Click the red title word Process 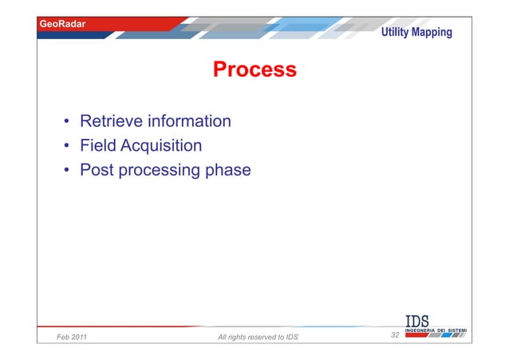[x=254, y=70]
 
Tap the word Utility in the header [x=397, y=33]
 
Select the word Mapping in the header [x=433, y=33]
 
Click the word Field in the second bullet [x=97, y=146]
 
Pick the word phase [x=228, y=170]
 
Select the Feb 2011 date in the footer [x=72, y=337]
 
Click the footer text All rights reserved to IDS [x=258, y=337]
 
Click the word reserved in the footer [x=260, y=337]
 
